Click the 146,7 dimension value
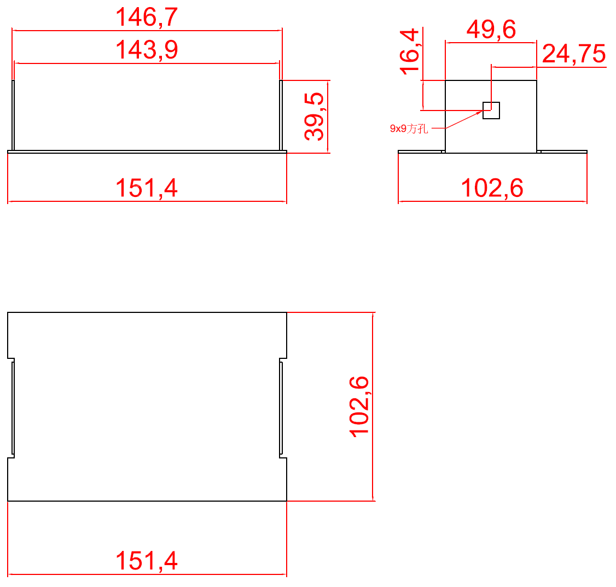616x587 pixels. pyautogui.click(x=147, y=18)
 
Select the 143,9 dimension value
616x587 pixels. pyautogui.click(x=147, y=50)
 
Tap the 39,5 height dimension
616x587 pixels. pyautogui.click(x=314, y=117)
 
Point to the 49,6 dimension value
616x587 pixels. pyautogui.click(x=491, y=30)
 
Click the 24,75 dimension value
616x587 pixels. pyautogui.click(x=574, y=54)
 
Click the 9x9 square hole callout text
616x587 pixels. pyautogui.click(x=409, y=129)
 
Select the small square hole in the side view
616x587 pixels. pyautogui.click(x=491, y=111)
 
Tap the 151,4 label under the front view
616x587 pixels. pyautogui.click(x=147, y=188)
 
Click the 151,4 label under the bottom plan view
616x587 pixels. pyautogui.click(x=147, y=561)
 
